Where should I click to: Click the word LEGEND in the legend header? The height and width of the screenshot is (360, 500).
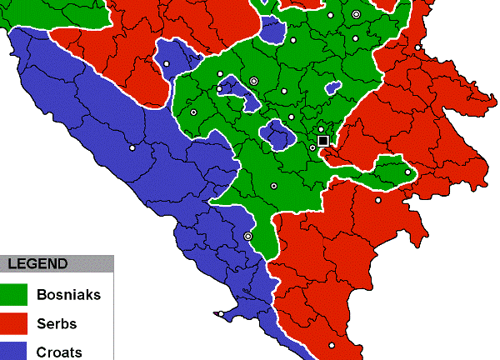[37, 264]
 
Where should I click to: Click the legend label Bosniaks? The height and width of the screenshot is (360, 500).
[69, 294]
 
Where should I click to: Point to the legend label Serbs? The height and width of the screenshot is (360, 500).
[56, 322]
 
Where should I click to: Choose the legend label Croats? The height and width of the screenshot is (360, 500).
[59, 351]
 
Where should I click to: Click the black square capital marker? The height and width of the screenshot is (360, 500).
[323, 141]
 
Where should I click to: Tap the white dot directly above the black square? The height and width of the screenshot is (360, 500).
[321, 129]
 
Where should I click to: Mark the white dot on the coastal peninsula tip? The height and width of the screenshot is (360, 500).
[218, 314]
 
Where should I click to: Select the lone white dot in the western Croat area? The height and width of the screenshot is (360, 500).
[132, 148]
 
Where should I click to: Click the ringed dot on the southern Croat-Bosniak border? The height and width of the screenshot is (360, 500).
[247, 237]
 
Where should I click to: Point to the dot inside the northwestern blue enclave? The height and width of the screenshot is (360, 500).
[166, 64]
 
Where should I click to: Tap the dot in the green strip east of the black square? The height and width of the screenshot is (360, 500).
[407, 172]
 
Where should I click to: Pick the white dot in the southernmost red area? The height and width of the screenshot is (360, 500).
[331, 345]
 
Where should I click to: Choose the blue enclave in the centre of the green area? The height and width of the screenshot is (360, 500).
[275, 133]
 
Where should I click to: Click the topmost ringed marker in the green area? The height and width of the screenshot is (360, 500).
[356, 14]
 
